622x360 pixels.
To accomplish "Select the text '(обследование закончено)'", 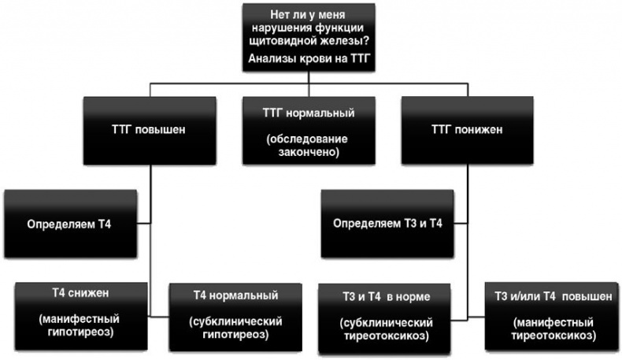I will pyautogui.click(x=308, y=147).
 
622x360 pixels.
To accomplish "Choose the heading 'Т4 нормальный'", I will pyautogui.click(x=235, y=295).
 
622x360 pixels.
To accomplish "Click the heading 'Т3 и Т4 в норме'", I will pyautogui.click(x=383, y=296).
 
